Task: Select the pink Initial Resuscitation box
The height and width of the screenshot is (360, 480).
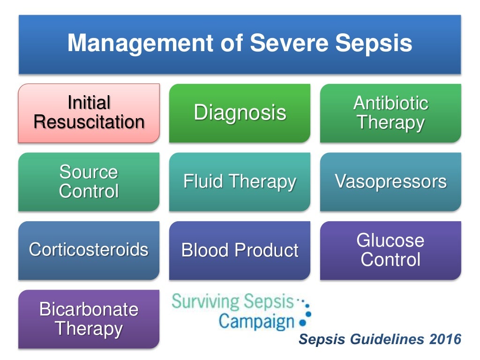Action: pos(89,113)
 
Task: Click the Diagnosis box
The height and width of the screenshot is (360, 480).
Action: pos(240,113)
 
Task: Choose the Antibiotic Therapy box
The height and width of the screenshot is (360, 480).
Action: pos(390,113)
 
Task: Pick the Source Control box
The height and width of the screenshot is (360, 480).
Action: pos(89,182)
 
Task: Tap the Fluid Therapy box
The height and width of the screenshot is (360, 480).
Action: pos(240,182)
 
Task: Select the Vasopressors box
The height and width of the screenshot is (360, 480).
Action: pos(390,182)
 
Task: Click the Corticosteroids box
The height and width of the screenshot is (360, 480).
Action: pos(89,250)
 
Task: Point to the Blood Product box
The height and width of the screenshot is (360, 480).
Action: pos(240,250)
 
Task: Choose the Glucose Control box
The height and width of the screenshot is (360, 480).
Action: pos(390,250)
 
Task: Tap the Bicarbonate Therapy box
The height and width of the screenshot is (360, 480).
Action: pos(89,319)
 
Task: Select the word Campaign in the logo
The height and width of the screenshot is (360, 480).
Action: pos(256,322)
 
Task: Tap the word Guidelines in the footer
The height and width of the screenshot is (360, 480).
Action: pos(383,339)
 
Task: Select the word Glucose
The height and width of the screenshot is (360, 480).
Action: pos(390,240)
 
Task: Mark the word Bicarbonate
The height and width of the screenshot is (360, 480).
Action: pos(89,309)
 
